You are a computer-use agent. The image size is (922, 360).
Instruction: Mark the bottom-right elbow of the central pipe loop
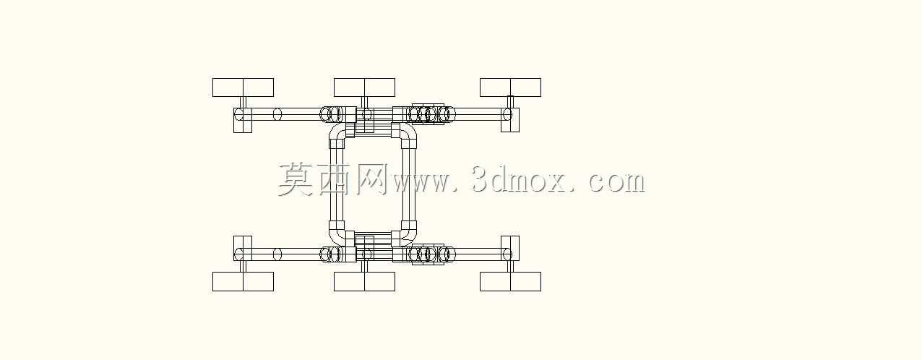pyautogui.click(x=410, y=238)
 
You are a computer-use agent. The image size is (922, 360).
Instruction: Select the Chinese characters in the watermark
pyautogui.click(x=333, y=179)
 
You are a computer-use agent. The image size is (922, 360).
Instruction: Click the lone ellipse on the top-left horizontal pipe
pyautogui.click(x=277, y=114)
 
